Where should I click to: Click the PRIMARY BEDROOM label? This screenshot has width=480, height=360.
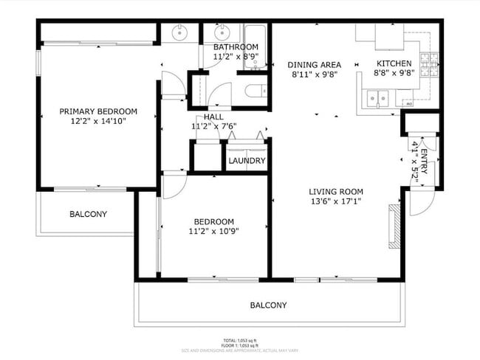(x=98, y=111)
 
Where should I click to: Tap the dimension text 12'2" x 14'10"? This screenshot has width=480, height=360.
(x=98, y=121)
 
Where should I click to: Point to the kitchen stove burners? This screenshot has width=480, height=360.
(x=429, y=66)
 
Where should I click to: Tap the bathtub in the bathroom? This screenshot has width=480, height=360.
(x=255, y=47)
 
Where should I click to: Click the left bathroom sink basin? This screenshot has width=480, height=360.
(x=179, y=32)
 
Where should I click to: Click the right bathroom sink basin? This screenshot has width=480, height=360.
(x=221, y=32)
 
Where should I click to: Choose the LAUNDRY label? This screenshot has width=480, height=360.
(x=247, y=161)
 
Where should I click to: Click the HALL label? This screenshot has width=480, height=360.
(x=213, y=117)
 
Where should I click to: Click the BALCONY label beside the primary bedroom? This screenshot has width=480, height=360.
(x=88, y=215)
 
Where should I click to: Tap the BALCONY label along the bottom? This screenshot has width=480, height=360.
(x=268, y=305)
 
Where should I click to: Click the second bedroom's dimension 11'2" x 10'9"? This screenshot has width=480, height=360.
(x=213, y=231)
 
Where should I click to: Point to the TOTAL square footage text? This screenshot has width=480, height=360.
(x=241, y=340)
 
